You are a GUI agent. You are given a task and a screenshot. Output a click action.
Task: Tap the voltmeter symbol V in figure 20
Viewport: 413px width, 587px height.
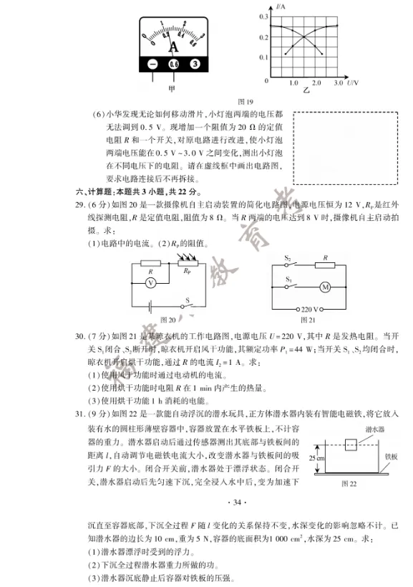click(150, 283)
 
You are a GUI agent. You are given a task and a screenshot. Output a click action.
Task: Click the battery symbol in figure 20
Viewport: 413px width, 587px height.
click(152, 307)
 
